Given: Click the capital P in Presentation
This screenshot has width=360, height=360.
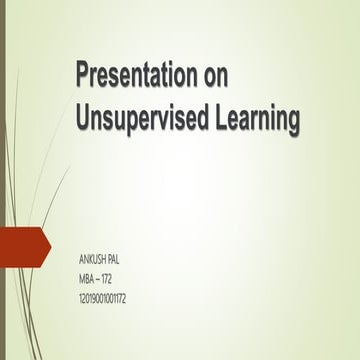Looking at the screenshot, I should click(x=86, y=77).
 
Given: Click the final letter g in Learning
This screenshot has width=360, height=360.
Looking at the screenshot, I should click(x=293, y=121).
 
